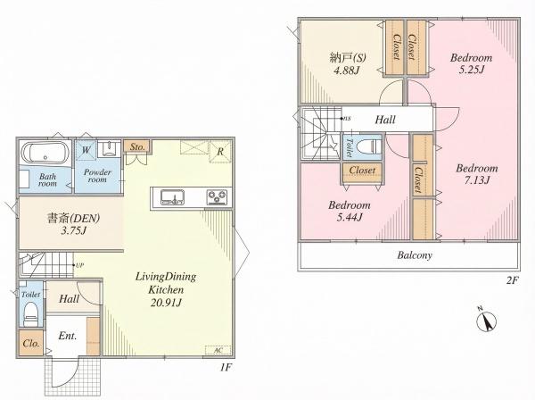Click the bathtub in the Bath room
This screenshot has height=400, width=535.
45,153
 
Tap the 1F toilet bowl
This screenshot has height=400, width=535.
31,314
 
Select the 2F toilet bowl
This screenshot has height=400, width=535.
367,147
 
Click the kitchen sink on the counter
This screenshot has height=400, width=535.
173,197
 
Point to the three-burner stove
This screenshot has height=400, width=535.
218,197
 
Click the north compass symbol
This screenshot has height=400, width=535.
487,320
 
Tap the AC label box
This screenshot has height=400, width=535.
218,351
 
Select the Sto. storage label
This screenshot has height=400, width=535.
136,147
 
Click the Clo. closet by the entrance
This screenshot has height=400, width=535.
31,343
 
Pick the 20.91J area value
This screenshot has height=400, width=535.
166,303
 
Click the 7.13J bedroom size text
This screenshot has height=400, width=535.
477,180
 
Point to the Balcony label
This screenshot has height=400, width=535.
415,255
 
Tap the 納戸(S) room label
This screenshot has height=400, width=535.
348,58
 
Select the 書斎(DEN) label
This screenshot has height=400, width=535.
73,218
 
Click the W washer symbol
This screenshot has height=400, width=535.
86,150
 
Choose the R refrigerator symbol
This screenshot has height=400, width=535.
220,152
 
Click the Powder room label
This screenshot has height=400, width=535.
97,176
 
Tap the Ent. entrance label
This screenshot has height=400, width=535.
68,336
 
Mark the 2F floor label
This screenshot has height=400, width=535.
512,280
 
